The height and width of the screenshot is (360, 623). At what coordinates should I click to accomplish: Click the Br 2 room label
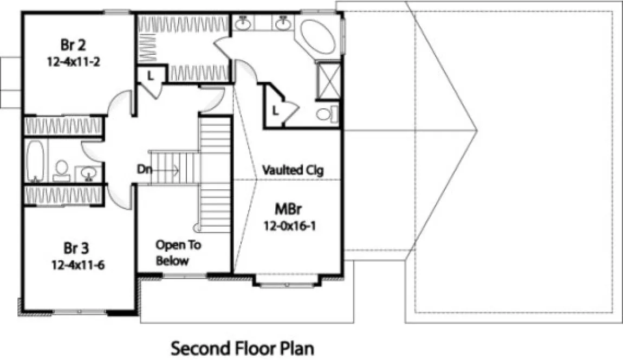73,43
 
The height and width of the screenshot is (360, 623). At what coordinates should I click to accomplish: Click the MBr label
290,209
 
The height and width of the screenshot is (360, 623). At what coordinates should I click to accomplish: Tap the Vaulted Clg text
293,170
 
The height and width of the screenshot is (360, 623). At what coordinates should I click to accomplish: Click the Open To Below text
178,253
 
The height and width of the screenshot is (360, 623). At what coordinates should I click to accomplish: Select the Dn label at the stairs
144,170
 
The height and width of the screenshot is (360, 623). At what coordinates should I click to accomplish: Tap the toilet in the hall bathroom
61,169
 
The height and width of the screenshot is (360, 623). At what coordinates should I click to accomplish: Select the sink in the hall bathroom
87,173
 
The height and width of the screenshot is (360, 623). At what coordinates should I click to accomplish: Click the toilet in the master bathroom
325,114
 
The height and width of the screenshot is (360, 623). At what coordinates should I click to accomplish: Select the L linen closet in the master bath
276,111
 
